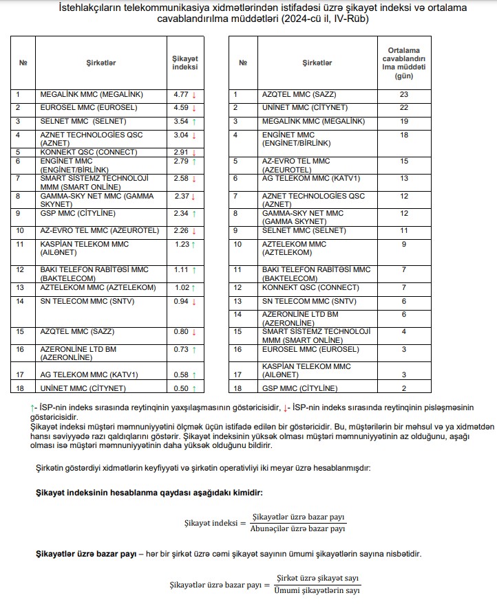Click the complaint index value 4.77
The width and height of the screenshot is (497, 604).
[181, 94]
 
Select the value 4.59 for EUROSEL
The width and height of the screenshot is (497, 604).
[181, 108]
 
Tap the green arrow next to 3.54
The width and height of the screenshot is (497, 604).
[195, 122]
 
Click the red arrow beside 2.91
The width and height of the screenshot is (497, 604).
[195, 152]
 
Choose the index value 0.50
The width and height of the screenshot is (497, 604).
[181, 388]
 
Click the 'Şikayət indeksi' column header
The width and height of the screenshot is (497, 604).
[184, 63]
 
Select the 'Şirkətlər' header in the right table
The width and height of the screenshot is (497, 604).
[317, 63]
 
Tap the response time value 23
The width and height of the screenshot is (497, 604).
[404, 94]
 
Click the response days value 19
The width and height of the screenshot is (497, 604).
[404, 122]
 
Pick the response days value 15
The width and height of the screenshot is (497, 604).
[404, 161]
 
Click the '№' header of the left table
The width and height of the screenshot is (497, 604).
[23, 63]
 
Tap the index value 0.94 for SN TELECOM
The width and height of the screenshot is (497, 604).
[181, 301]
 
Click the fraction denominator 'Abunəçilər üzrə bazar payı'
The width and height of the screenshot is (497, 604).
[297, 529]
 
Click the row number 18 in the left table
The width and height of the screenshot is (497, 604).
[19, 388]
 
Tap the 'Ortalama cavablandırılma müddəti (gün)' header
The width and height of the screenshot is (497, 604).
[404, 63]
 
